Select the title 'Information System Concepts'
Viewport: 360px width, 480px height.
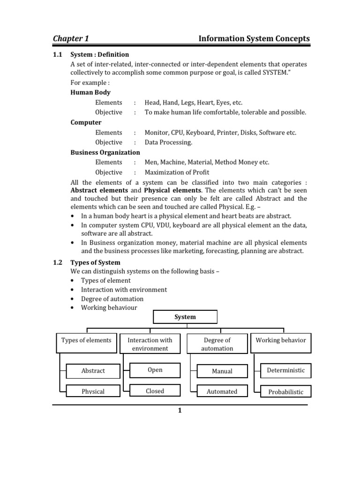(254, 38)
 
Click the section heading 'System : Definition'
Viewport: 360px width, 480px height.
(99, 54)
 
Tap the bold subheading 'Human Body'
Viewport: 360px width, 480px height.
(90, 92)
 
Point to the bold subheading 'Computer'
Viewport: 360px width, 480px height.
(86, 122)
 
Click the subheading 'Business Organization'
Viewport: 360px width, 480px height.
(105, 152)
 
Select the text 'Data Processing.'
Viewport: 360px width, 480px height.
(168, 142)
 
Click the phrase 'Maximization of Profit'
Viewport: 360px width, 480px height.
(177, 172)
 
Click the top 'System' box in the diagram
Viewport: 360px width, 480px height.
(185, 317)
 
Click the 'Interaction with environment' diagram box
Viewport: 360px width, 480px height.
(150, 344)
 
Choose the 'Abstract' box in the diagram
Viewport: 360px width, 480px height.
(93, 371)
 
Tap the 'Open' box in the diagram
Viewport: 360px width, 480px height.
(155, 370)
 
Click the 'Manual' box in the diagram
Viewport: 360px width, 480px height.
(222, 371)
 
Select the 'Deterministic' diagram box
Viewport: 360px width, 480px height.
(285, 370)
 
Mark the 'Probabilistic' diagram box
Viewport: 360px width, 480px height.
(285, 391)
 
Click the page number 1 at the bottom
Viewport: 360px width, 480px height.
(179, 411)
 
